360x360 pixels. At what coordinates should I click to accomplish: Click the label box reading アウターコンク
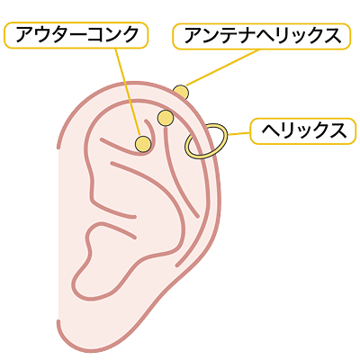(x=76, y=35)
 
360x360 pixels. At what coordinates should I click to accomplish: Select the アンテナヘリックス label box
(x=262, y=36)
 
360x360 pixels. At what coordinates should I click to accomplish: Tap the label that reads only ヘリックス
(x=303, y=131)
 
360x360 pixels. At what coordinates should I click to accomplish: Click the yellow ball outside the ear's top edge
(x=181, y=92)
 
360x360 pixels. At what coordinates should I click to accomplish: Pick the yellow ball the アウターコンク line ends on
(x=143, y=144)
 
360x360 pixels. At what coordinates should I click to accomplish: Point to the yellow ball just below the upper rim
(x=166, y=118)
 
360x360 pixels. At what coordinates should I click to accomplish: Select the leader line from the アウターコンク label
(x=128, y=92)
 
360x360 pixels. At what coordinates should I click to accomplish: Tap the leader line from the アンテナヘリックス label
(x=222, y=67)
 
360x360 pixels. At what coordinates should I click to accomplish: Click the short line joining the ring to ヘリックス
(x=238, y=133)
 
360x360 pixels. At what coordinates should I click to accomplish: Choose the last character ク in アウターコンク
(x=128, y=35)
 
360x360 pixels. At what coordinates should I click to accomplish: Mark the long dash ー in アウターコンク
(x=77, y=35)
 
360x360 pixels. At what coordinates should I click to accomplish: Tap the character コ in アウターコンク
(x=94, y=35)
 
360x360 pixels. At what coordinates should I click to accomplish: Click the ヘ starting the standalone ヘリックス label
(x=270, y=131)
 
